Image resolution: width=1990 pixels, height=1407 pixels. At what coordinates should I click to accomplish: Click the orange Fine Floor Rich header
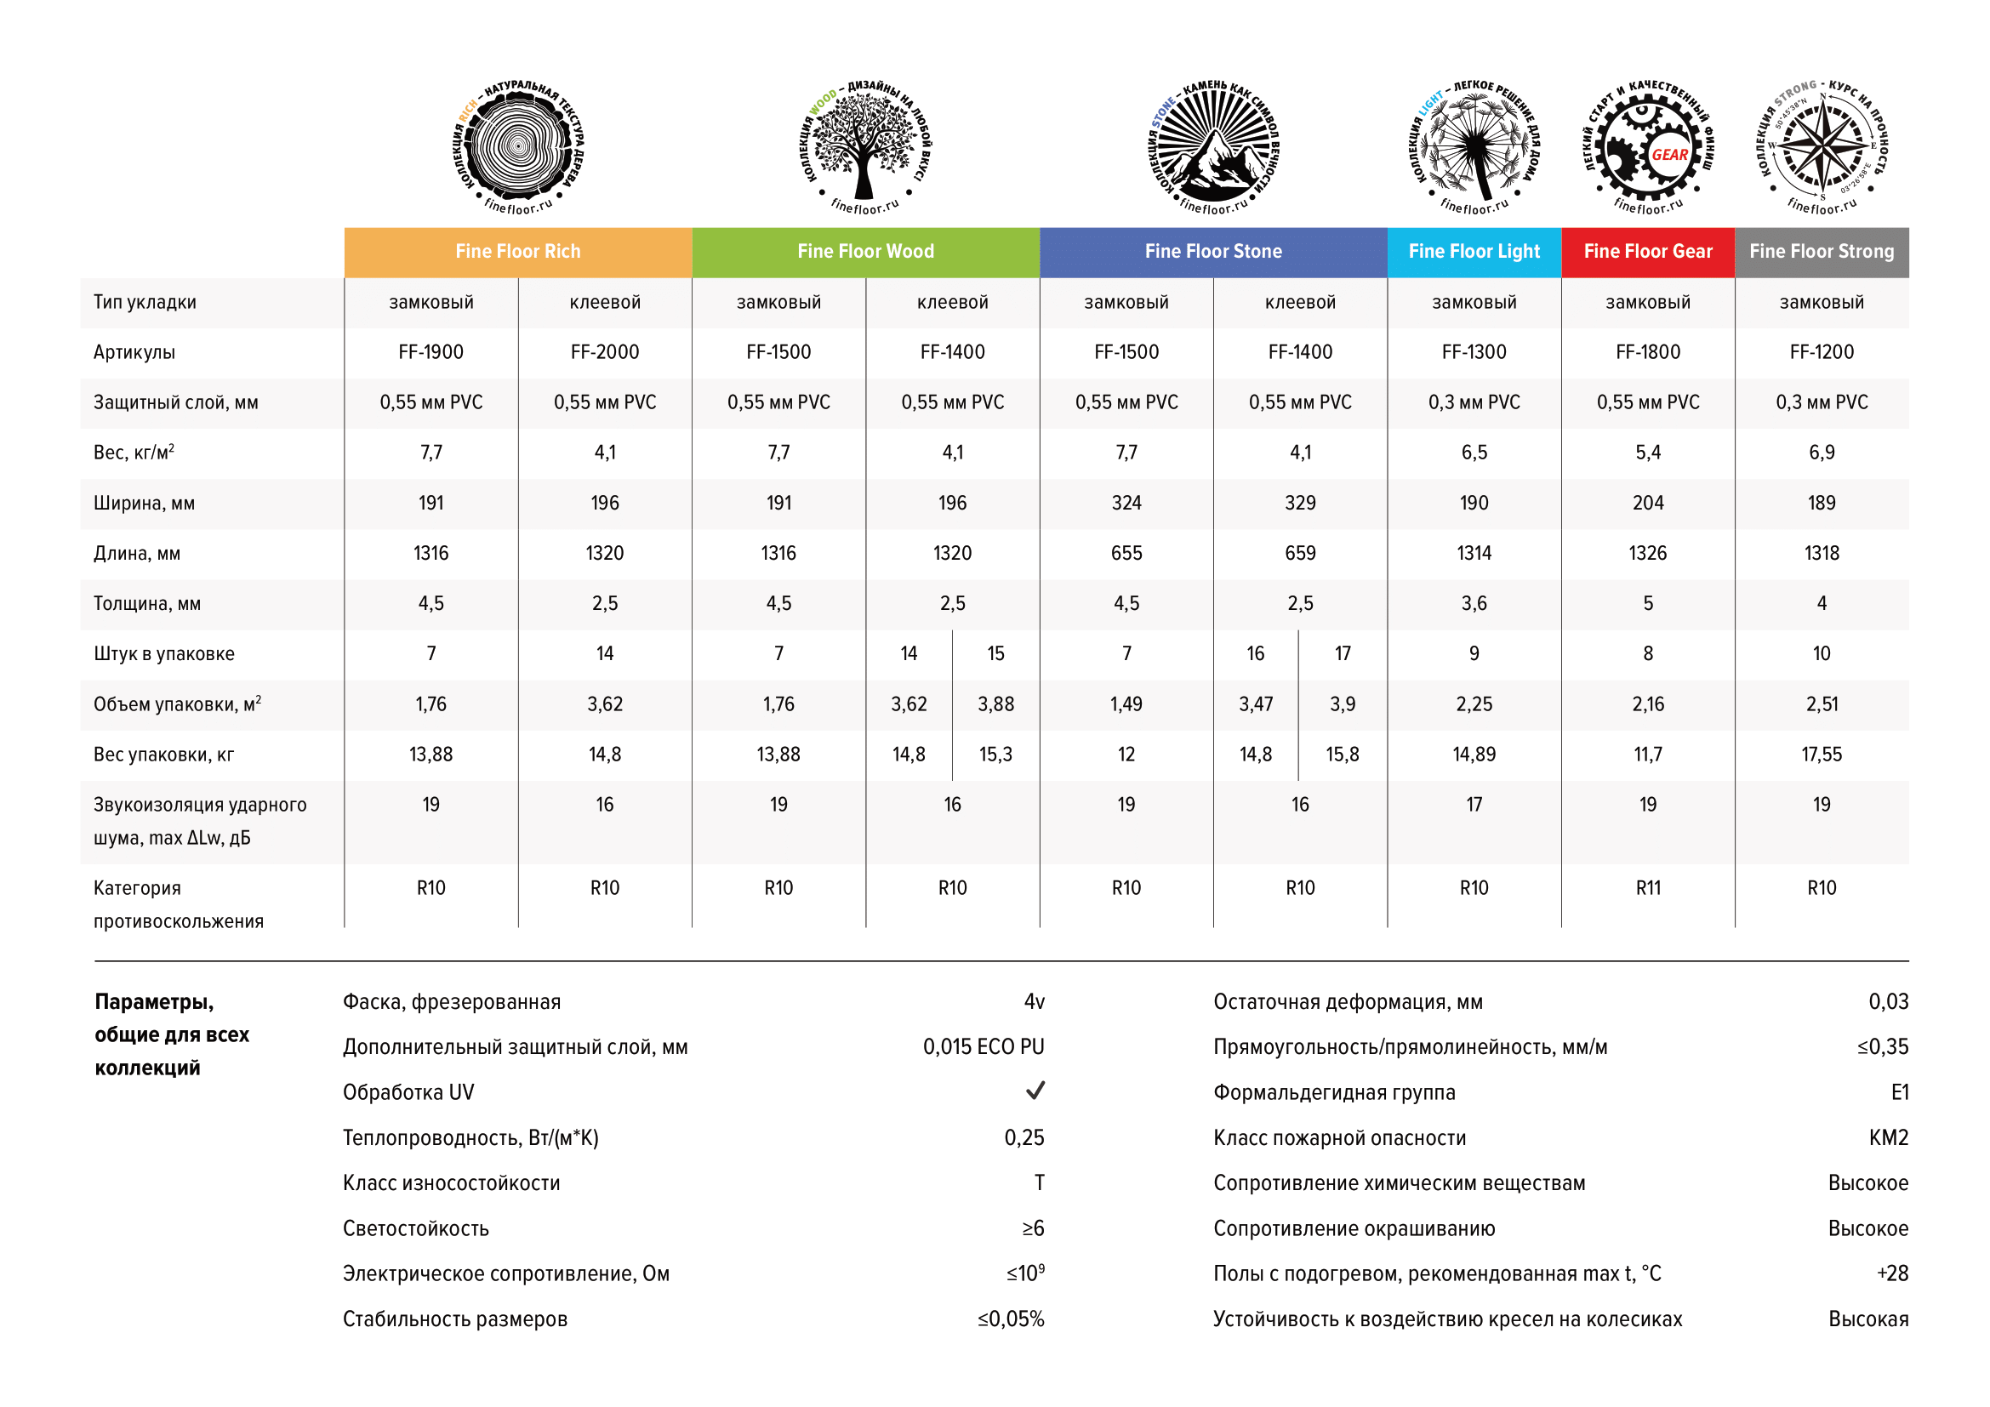517,251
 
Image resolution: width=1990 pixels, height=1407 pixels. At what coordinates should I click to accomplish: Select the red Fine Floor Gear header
1647,251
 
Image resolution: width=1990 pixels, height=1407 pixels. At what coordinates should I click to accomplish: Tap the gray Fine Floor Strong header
1821,251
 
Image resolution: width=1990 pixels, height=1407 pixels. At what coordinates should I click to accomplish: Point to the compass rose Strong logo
1822,145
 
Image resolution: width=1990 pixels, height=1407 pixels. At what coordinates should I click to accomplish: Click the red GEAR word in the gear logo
1669,155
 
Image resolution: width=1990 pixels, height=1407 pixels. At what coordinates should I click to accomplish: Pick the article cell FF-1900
431,352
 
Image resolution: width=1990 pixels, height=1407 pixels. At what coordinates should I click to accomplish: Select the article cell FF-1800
1647,352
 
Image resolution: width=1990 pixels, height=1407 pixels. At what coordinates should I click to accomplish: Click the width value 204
1647,503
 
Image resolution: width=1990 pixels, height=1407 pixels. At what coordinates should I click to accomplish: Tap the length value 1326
1647,553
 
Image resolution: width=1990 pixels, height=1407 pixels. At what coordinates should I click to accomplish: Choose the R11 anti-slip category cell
1647,887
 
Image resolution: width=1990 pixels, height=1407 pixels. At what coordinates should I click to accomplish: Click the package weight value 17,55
1821,754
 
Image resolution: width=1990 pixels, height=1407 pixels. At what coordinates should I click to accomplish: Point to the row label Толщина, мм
147,603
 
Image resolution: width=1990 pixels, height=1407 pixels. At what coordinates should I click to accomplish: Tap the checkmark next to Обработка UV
1035,1090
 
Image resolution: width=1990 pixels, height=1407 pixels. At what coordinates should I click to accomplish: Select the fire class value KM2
1888,1137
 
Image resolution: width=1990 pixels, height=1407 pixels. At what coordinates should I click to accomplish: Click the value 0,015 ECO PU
983,1046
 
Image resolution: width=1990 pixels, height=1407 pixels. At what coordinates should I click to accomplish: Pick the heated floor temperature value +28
1892,1273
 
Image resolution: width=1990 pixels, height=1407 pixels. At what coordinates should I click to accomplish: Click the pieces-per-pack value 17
1342,653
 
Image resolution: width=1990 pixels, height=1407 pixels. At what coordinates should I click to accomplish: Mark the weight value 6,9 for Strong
1821,453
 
